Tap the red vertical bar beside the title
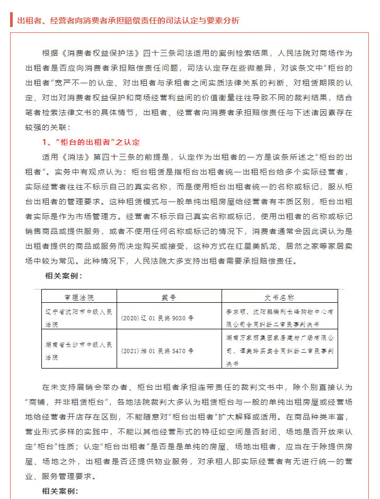click(11, 20)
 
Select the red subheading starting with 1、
click(91, 143)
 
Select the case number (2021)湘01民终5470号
click(157, 351)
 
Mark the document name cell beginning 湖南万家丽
click(279, 350)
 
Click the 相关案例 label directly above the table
click(63, 276)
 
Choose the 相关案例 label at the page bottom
click(60, 491)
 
